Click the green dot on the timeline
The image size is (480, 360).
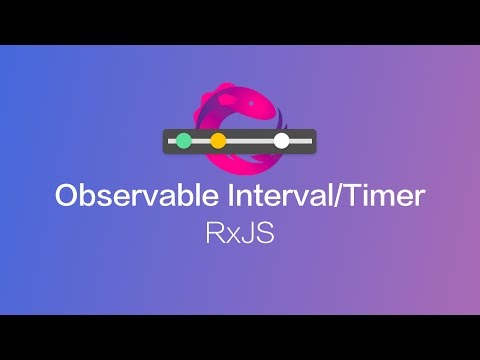pos(183,141)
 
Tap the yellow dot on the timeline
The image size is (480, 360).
pos(218,141)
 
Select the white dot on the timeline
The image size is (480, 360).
pos(282,141)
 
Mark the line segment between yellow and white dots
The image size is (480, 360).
pos(250,141)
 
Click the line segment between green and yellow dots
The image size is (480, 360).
pos(200,141)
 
